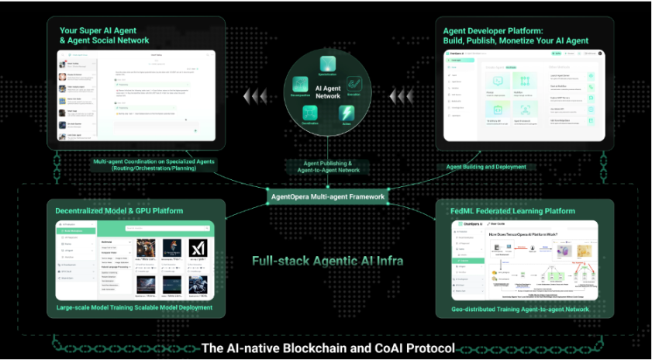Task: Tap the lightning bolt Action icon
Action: pos(348,113)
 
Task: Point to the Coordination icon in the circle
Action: pos(309,113)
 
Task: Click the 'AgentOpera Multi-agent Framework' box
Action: pos(327,196)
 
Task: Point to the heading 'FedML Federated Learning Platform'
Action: pos(512,210)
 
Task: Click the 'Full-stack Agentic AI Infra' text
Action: pos(327,261)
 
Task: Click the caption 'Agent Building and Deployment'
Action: pos(485,167)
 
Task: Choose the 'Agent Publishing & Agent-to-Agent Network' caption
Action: pos(327,167)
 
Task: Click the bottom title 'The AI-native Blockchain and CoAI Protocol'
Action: pos(327,348)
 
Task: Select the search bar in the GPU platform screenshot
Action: pos(155,230)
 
